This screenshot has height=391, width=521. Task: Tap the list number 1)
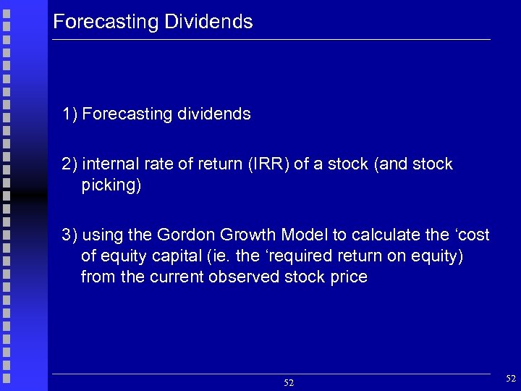[x=70, y=114]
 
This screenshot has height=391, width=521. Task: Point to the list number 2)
[x=70, y=164]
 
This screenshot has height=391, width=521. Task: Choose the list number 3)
[x=70, y=235]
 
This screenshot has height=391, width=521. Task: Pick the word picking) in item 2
[x=111, y=185]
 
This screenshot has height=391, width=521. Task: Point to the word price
[x=349, y=277]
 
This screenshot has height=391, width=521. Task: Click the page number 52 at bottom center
[x=288, y=382]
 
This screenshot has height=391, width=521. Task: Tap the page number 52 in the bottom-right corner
[x=511, y=378]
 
